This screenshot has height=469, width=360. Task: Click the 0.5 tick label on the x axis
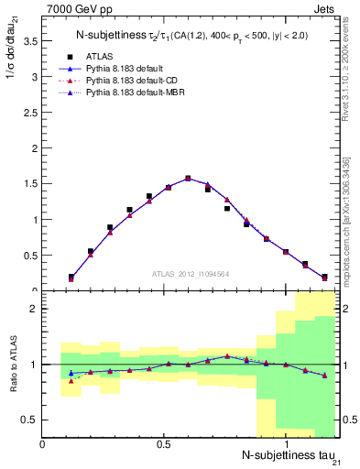click(163, 443)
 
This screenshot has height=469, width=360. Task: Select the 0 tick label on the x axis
click(42, 443)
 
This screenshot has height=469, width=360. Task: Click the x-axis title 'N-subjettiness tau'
click(288, 455)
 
